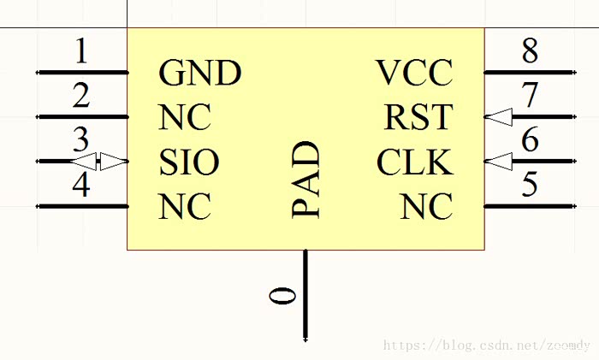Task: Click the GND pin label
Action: (199, 74)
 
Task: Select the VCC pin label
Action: (414, 74)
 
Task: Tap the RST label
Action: (418, 117)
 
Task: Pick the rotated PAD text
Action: (306, 180)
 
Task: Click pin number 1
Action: (81, 53)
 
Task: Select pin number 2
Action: (81, 96)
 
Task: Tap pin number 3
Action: (81, 139)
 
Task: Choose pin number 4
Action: (81, 186)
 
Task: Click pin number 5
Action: (531, 186)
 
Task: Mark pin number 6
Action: (531, 139)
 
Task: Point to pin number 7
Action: (531, 96)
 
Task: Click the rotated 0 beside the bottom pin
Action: (283, 296)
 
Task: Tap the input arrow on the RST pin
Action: (499, 117)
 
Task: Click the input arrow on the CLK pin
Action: (499, 161)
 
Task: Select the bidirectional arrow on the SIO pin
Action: (98, 161)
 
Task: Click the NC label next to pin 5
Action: (426, 207)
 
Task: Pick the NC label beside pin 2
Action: (184, 117)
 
